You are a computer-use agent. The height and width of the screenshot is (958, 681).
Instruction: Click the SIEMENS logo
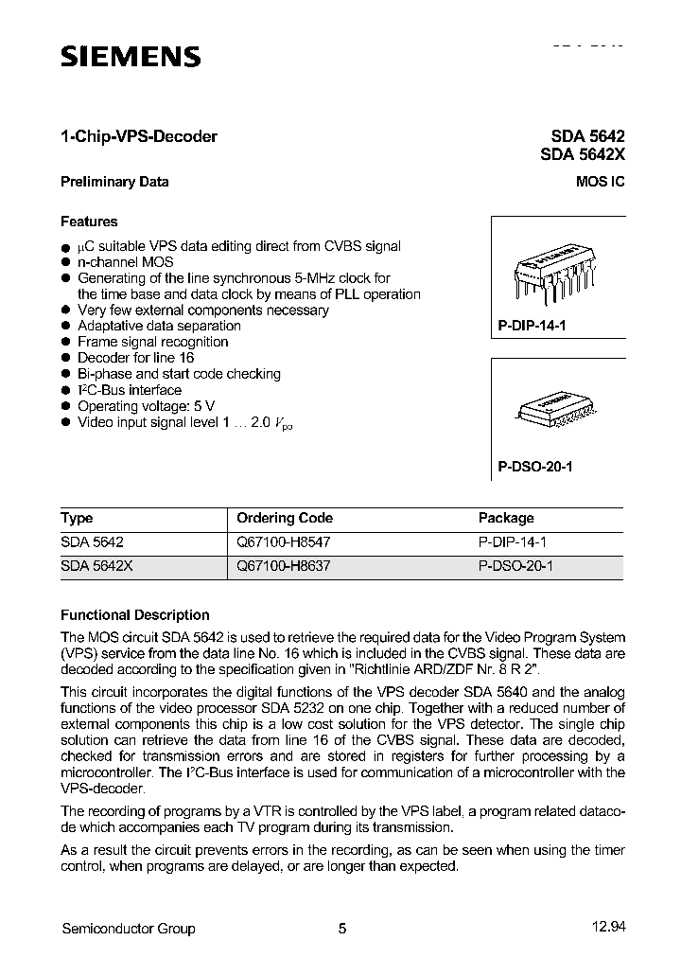click(x=131, y=58)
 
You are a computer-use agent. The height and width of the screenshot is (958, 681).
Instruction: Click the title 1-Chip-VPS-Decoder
click(x=139, y=136)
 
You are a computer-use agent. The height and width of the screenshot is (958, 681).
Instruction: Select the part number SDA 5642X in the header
click(x=583, y=155)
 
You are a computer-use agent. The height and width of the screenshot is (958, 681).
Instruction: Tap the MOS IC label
click(x=600, y=182)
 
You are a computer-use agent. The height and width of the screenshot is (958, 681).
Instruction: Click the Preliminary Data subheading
click(x=114, y=182)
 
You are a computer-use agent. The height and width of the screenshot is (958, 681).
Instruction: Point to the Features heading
click(x=89, y=222)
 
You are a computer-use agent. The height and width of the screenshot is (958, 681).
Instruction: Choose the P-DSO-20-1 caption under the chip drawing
click(x=535, y=467)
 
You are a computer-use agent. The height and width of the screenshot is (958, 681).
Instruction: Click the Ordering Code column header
click(x=285, y=518)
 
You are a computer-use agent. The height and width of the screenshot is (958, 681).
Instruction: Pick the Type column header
click(x=77, y=518)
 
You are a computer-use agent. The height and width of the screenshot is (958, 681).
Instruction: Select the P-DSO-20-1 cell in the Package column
click(x=515, y=566)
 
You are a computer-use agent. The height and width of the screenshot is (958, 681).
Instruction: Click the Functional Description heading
click(x=135, y=614)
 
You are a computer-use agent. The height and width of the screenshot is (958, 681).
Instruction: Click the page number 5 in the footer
click(x=342, y=929)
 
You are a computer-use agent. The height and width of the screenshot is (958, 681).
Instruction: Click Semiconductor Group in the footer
click(x=128, y=929)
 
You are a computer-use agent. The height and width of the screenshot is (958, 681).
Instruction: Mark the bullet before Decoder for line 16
click(x=66, y=358)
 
